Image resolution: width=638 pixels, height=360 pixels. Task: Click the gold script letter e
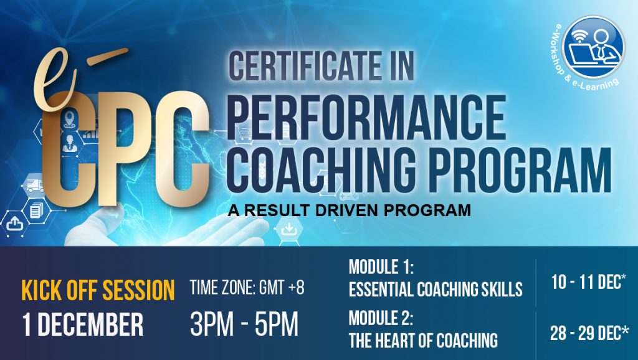pos(55,79)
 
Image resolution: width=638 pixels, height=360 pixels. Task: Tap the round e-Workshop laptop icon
pos(593,46)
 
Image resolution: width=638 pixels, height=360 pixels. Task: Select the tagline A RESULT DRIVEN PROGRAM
pos(349,211)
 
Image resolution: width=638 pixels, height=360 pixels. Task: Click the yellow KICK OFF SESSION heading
pos(98,290)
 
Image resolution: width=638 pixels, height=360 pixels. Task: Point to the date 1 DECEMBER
pos(83,324)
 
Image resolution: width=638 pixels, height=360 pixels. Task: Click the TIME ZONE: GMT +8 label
pos(247,288)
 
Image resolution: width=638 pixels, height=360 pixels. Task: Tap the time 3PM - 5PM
pos(244,324)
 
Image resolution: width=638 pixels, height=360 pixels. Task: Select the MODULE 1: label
pos(381,267)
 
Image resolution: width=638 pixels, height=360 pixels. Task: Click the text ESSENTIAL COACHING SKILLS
pos(436,289)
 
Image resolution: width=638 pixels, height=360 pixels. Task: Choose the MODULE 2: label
pos(381,318)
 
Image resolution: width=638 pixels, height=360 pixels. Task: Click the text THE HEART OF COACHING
pos(423,340)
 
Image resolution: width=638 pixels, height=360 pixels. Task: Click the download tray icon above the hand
pos(288,230)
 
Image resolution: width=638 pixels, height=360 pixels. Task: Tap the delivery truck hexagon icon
pos(35,186)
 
